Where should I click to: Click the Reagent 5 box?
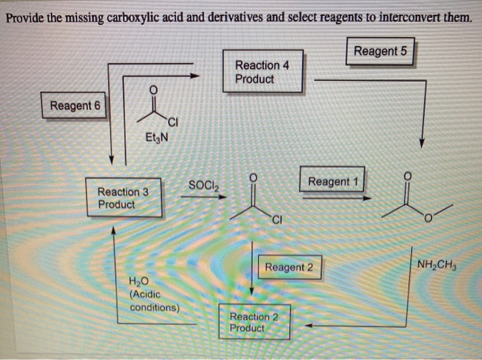coord(380,52)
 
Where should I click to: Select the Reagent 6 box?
coord(75,106)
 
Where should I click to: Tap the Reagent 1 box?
coord(333,182)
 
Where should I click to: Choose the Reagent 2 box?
coord(289,267)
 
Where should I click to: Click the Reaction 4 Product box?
coord(262,72)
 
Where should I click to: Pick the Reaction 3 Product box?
coord(123,198)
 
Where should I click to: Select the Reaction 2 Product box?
coord(253,321)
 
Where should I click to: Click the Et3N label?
coord(155,138)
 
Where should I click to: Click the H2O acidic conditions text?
coord(153,294)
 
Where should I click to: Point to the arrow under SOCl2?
coord(203,196)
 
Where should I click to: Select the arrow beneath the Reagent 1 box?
coord(337,198)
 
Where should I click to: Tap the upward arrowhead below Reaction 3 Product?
coord(114,230)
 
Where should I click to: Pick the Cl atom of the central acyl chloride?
coord(276,220)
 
